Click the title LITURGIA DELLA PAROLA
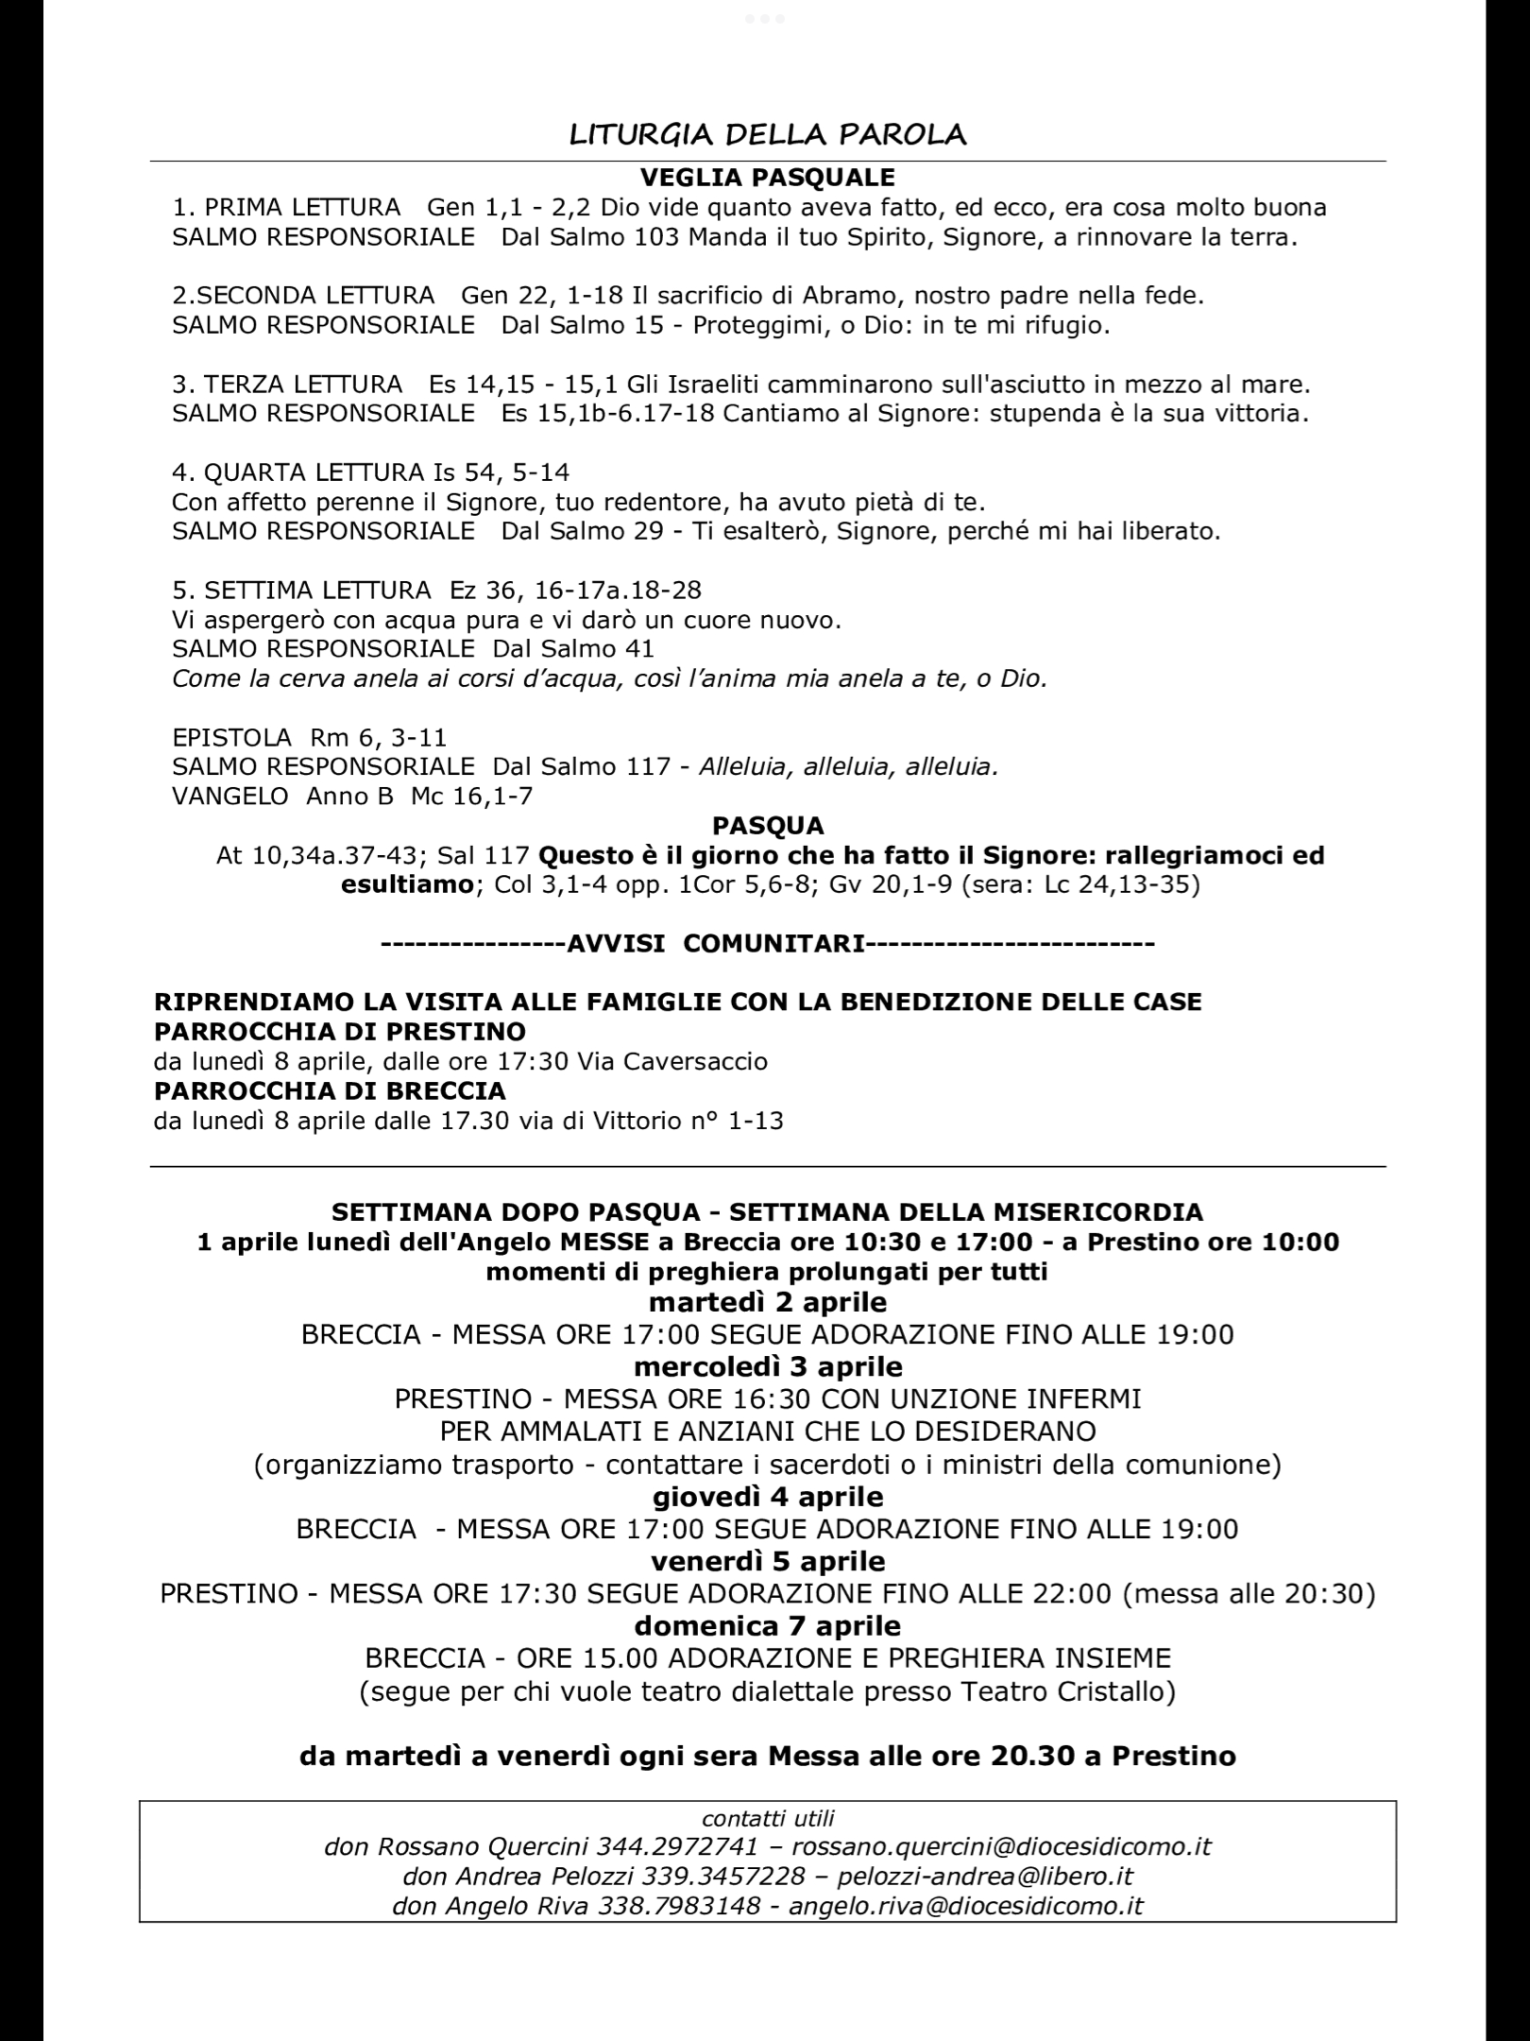[x=767, y=134]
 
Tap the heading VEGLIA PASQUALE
[x=767, y=177]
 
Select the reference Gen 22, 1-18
[x=542, y=296]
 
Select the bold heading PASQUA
[x=768, y=826]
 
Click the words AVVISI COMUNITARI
[x=716, y=944]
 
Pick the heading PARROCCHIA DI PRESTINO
[x=339, y=1030]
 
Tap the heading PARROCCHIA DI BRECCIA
[x=330, y=1090]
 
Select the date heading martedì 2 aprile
[x=768, y=1302]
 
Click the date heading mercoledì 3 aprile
[x=768, y=1366]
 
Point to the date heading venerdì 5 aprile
[x=768, y=1560]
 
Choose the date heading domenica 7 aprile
[x=768, y=1625]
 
